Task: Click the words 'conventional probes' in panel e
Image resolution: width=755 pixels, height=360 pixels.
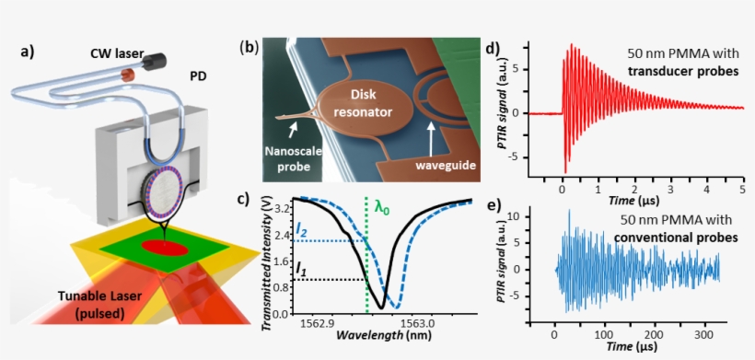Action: [x=681, y=237]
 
